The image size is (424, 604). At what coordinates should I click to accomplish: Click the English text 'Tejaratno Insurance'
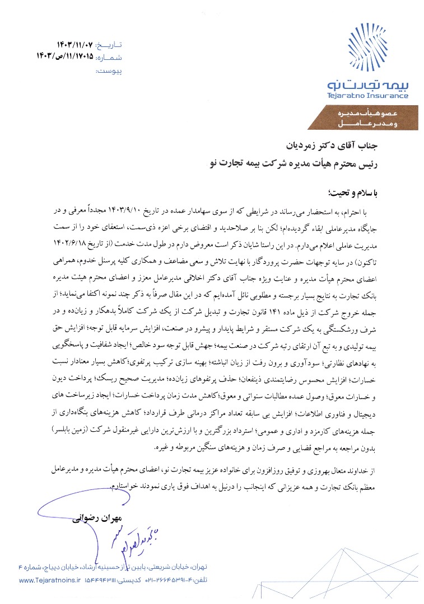pyautogui.click(x=368, y=96)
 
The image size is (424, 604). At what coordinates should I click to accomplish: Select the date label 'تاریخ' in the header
pyautogui.click(x=109, y=44)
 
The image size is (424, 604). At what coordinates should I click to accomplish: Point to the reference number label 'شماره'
pyautogui.click(x=109, y=58)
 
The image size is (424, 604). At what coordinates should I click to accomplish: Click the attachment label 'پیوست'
pyautogui.click(x=109, y=72)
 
